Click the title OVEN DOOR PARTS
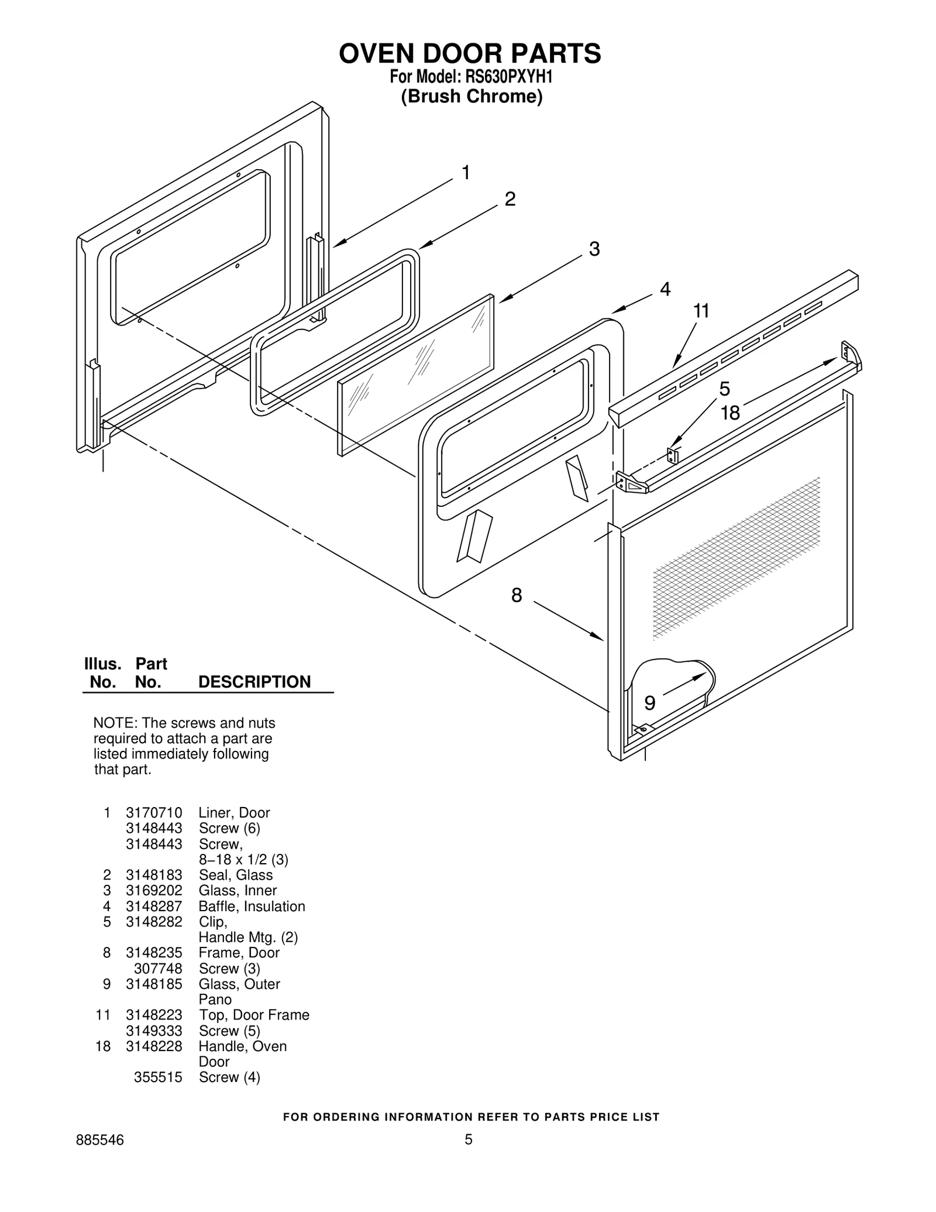click(470, 53)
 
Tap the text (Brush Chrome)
click(472, 97)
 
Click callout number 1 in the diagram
click(466, 173)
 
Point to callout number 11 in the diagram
click(701, 311)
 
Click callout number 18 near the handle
click(730, 413)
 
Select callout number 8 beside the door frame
click(517, 596)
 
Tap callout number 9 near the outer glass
click(650, 703)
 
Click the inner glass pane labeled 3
click(415, 375)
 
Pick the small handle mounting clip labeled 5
click(672, 455)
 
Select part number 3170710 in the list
click(154, 813)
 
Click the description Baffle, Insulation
click(252, 907)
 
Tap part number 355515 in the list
click(158, 1077)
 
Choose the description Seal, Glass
click(236, 875)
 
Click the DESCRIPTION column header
click(254, 682)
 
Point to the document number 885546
click(100, 1139)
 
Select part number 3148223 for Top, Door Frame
click(154, 1015)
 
